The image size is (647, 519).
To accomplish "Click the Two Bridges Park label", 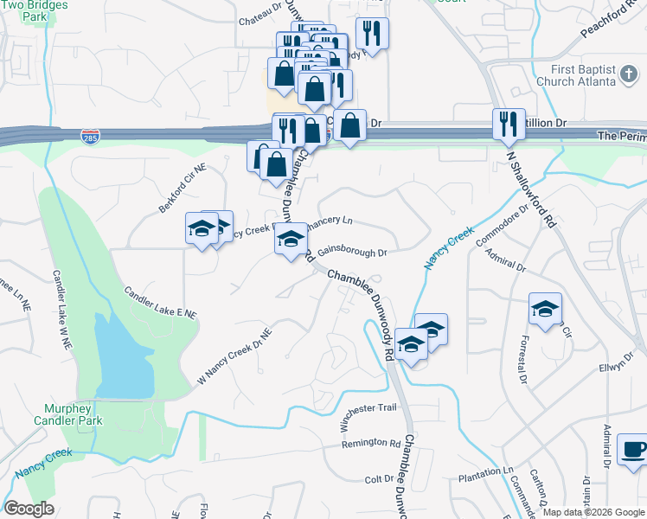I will [35, 10].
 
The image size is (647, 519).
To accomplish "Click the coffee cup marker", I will [635, 452].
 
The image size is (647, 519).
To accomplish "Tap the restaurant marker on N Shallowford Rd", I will [509, 124].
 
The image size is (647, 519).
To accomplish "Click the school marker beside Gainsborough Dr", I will [291, 240].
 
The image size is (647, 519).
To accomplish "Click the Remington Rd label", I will [371, 443].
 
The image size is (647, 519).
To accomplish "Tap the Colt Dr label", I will [379, 478].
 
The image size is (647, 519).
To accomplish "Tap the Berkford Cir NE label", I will [177, 189].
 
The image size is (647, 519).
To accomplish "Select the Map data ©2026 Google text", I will [593, 512].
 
